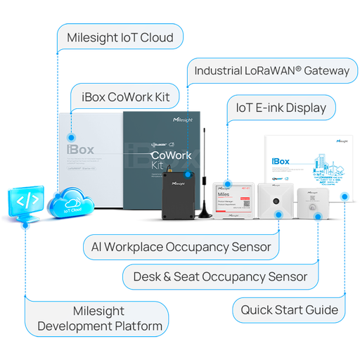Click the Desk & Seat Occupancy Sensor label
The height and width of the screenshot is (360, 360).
tap(219, 277)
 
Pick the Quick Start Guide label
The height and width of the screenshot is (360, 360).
tap(289, 309)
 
